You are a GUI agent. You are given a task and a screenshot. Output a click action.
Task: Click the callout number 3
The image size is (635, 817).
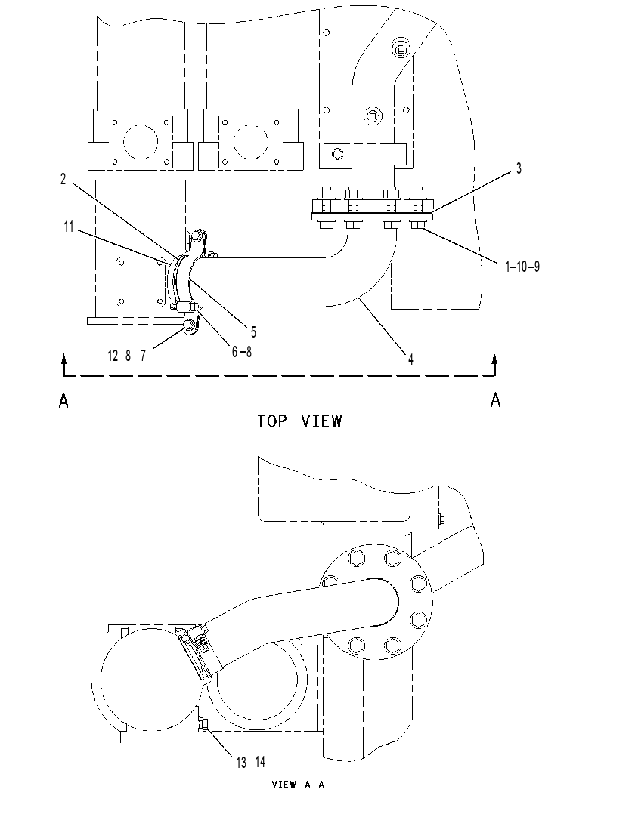coord(519,168)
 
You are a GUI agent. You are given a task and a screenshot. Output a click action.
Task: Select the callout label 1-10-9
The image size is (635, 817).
coord(522,267)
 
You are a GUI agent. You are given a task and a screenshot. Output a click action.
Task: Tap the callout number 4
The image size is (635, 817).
coord(410,359)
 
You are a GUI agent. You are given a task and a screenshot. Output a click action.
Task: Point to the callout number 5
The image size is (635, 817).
coord(253,332)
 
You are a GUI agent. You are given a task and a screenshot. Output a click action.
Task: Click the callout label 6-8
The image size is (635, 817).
coord(242,352)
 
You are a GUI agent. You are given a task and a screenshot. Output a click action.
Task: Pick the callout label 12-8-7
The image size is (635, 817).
coord(127,356)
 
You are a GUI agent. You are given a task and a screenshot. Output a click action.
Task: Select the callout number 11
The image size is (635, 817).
coord(69,227)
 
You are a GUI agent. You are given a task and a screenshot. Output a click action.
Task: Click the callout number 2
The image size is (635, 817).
coord(63,179)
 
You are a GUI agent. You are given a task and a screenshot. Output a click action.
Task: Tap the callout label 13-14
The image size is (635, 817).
coord(250,763)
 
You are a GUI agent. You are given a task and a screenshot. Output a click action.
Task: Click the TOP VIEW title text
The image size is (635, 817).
coord(299,421)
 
